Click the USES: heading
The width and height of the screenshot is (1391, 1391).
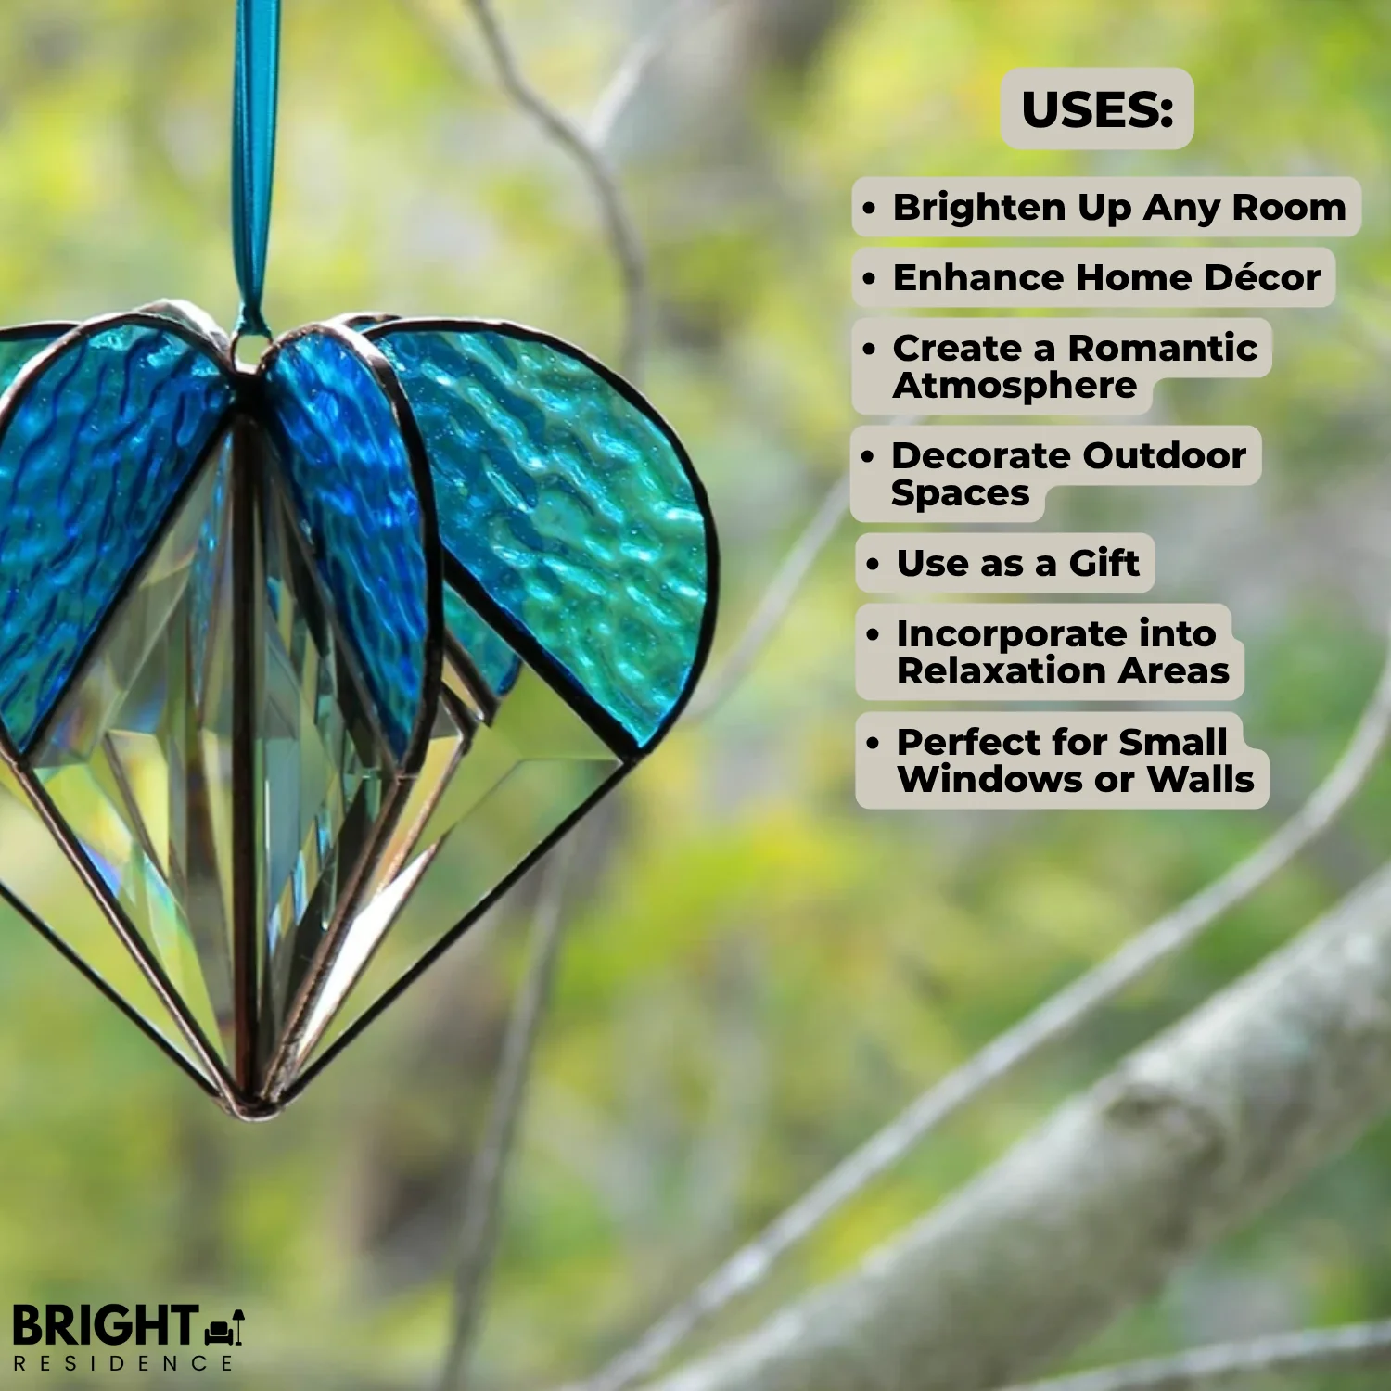click(1097, 109)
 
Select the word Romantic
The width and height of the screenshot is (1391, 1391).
click(1163, 348)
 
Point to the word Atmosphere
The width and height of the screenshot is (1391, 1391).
click(1015, 385)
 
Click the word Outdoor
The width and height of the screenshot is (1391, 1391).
click(1164, 455)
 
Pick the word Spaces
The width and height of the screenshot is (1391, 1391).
click(960, 493)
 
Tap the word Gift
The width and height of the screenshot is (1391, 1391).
click(1104, 563)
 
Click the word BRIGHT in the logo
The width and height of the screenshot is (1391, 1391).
click(104, 1326)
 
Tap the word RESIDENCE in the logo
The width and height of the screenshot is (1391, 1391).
click(122, 1363)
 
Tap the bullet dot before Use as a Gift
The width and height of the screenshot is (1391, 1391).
click(872, 564)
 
